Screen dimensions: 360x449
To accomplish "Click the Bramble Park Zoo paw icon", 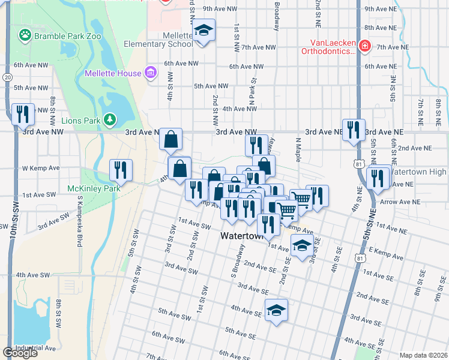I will [25, 35].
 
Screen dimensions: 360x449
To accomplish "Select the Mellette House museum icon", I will [150, 73].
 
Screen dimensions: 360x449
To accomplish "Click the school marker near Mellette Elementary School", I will [203, 31].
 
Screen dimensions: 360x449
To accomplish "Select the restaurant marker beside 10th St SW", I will [23, 113].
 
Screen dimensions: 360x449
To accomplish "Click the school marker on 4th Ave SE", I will [276, 310].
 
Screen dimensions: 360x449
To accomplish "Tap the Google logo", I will [20, 353].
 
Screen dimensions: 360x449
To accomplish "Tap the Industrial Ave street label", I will [36, 347].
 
